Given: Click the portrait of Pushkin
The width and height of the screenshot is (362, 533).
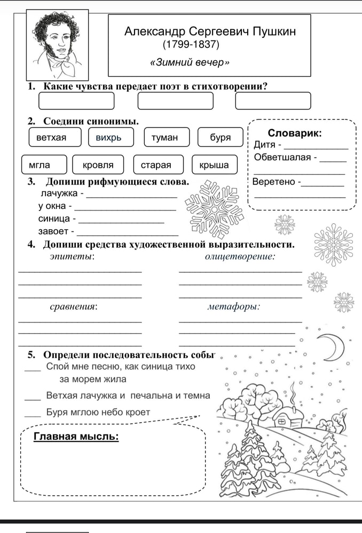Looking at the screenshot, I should [x=50, y=45].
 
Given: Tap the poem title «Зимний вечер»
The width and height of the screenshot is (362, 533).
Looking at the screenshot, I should [x=190, y=62].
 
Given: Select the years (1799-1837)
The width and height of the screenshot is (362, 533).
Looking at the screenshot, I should [x=191, y=44].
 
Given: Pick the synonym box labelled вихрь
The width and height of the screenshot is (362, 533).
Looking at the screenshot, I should [x=109, y=137].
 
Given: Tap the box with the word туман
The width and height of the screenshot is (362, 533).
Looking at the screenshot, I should [x=164, y=137].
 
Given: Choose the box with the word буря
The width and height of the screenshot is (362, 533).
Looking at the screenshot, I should [x=220, y=137].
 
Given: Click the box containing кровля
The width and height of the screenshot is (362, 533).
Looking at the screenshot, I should [x=98, y=165].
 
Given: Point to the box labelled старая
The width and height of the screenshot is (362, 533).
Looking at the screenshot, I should [x=156, y=165].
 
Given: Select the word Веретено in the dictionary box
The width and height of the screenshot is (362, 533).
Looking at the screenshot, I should [x=274, y=182].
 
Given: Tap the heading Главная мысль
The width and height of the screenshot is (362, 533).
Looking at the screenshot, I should [x=76, y=437].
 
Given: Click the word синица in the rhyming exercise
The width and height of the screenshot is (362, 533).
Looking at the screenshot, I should [x=56, y=219].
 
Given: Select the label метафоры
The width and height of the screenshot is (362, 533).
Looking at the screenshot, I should [x=233, y=306].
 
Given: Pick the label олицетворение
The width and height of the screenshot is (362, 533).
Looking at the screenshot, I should [x=240, y=257].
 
